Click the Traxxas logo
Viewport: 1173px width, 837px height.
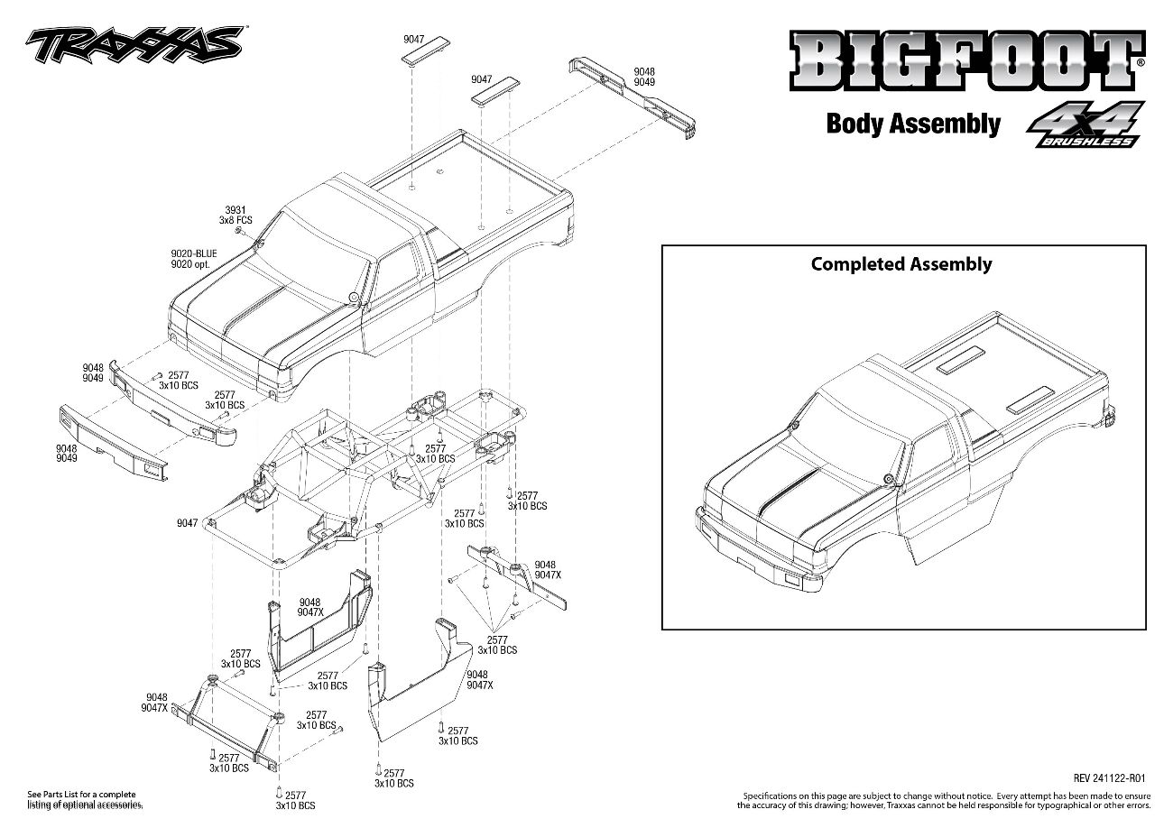point(134,43)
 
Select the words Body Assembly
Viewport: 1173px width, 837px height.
point(912,124)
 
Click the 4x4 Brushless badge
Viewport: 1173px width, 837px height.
point(1083,124)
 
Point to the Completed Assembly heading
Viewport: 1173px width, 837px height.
point(901,264)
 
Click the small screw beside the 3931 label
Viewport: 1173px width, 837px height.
point(241,231)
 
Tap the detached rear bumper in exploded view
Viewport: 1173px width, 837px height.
point(634,97)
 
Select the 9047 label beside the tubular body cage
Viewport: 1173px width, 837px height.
point(187,522)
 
